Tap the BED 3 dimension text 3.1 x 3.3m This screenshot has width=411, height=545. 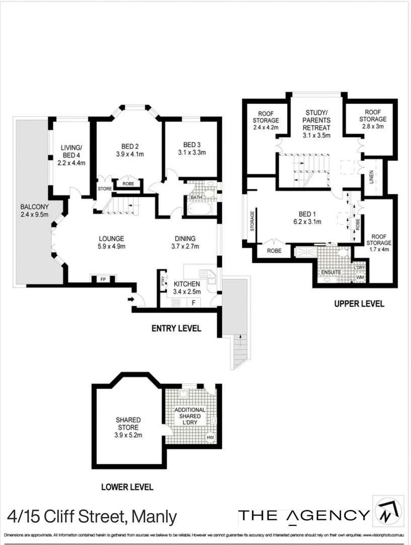coord(192,152)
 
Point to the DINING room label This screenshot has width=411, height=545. coord(185,239)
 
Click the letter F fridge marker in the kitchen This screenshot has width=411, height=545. coord(193,303)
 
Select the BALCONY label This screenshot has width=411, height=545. coord(34,207)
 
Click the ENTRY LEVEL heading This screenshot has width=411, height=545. coord(176,329)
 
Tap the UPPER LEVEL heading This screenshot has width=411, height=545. coord(359,304)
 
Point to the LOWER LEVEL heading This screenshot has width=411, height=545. coord(127,487)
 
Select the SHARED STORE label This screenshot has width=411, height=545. coord(128,423)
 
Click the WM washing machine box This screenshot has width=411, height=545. coord(360,277)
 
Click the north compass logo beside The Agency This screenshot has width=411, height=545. coord(387,511)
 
